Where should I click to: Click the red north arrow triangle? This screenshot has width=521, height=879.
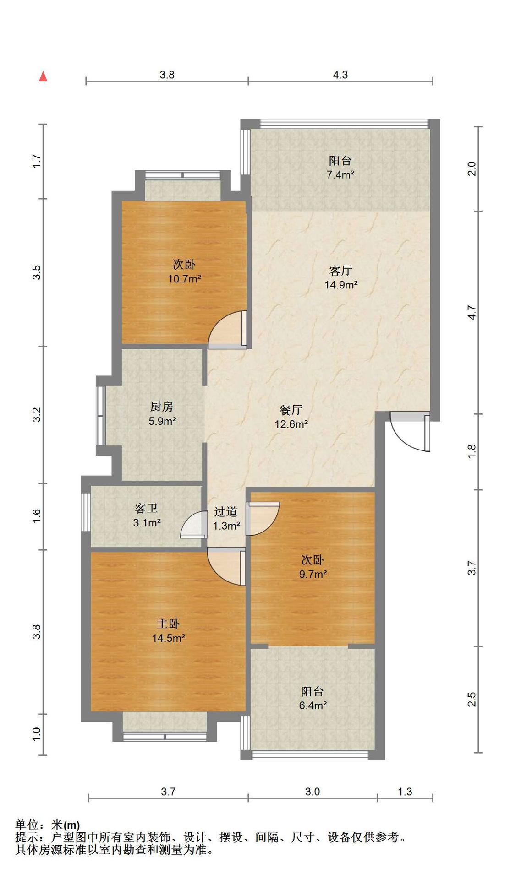pos(43,76)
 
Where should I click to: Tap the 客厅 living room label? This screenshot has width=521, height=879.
pos(340,270)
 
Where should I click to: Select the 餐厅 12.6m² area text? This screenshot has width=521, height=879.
pos(291,424)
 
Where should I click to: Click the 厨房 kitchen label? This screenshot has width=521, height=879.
pos(162,406)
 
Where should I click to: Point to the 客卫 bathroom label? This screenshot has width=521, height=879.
pos(147,508)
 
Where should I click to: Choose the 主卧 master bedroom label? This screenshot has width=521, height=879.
pos(168,624)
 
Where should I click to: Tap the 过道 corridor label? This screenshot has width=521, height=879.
pos(225,511)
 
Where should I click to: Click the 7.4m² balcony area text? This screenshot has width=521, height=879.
pos(340,174)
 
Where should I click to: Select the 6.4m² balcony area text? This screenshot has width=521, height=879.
pos(313,705)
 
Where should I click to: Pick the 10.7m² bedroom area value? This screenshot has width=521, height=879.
pos(184,278)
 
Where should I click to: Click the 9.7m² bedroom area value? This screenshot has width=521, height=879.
pos(313,574)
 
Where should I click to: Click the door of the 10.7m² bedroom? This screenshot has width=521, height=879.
pos(228,330)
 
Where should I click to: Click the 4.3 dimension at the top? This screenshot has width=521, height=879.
pos(340,75)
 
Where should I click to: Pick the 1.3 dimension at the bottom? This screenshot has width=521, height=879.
pos(405,792)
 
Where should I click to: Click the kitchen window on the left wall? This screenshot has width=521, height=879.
pos(100,416)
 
